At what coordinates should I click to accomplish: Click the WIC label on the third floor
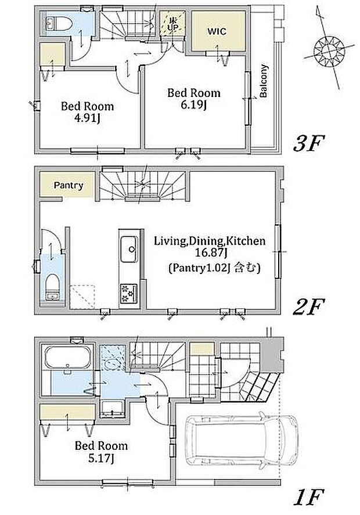click(217, 31)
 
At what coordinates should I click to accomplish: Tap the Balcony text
click(264, 81)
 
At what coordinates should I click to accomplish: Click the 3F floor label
click(308, 143)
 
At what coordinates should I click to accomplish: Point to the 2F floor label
click(308, 306)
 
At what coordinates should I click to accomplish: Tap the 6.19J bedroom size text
click(194, 105)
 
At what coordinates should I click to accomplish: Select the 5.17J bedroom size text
click(101, 458)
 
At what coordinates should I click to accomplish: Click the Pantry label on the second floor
click(69, 185)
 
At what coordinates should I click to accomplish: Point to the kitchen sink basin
click(129, 249)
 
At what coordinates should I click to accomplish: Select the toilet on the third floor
click(59, 23)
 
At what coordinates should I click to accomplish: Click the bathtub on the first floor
click(67, 357)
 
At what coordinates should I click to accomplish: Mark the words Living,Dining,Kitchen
click(210, 242)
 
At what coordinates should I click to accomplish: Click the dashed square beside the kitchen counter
click(82, 297)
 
